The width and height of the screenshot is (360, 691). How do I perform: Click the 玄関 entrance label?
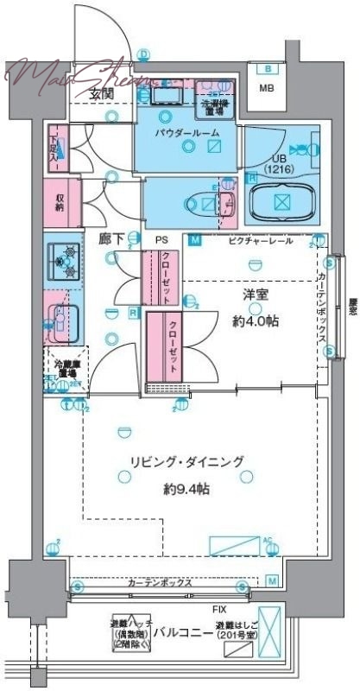coord(101,94)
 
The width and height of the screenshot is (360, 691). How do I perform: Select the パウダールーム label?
coord(187,132)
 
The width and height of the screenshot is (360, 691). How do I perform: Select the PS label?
coord(161,239)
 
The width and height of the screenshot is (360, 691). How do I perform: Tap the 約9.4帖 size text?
coord(187,489)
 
